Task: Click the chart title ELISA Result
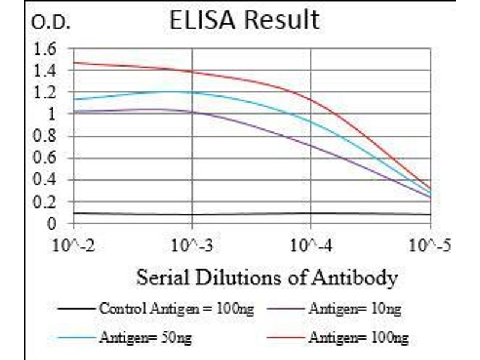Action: pyautogui.click(x=244, y=20)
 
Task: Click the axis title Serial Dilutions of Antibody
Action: pyautogui.click(x=267, y=278)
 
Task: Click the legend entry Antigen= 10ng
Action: pyautogui.click(x=355, y=310)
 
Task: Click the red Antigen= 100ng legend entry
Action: pyautogui.click(x=358, y=338)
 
